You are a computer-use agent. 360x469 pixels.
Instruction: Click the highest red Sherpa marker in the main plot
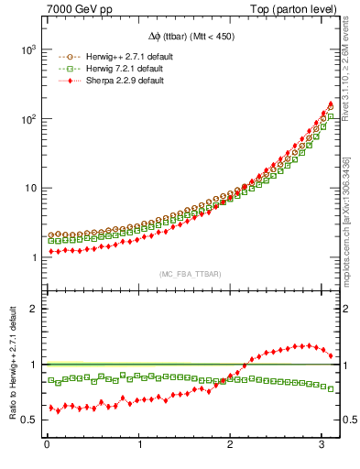tap(330, 104)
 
